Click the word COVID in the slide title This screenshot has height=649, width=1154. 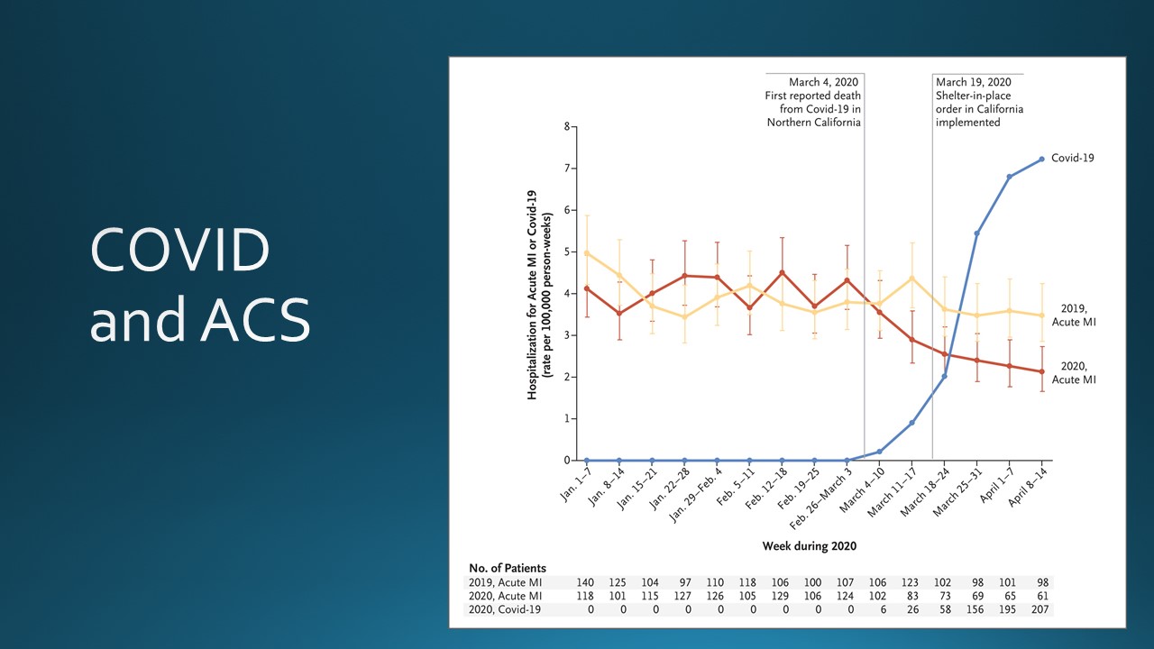[x=179, y=251]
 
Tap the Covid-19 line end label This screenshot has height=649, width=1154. [x=1073, y=158]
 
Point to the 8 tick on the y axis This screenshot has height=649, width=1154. [x=567, y=126]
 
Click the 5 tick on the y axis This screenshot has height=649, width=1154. [x=567, y=251]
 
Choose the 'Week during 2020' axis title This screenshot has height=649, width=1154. [x=809, y=545]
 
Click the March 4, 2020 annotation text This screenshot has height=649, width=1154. [x=814, y=102]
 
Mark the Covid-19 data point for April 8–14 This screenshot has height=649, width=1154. [x=1042, y=159]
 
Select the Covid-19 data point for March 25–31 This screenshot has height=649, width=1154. [x=977, y=233]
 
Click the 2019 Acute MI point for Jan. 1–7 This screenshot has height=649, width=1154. [x=587, y=253]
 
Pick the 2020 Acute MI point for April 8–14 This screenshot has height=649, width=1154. [x=1042, y=371]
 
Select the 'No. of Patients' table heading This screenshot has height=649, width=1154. [x=508, y=568]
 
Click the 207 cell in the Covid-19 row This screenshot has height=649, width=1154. [x=1042, y=610]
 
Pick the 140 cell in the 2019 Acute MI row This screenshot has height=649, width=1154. [x=587, y=582]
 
